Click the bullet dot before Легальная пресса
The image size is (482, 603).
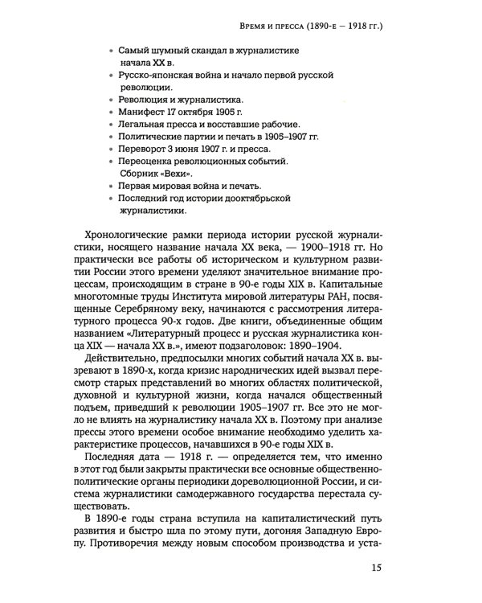111,125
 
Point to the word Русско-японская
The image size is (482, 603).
154,75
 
